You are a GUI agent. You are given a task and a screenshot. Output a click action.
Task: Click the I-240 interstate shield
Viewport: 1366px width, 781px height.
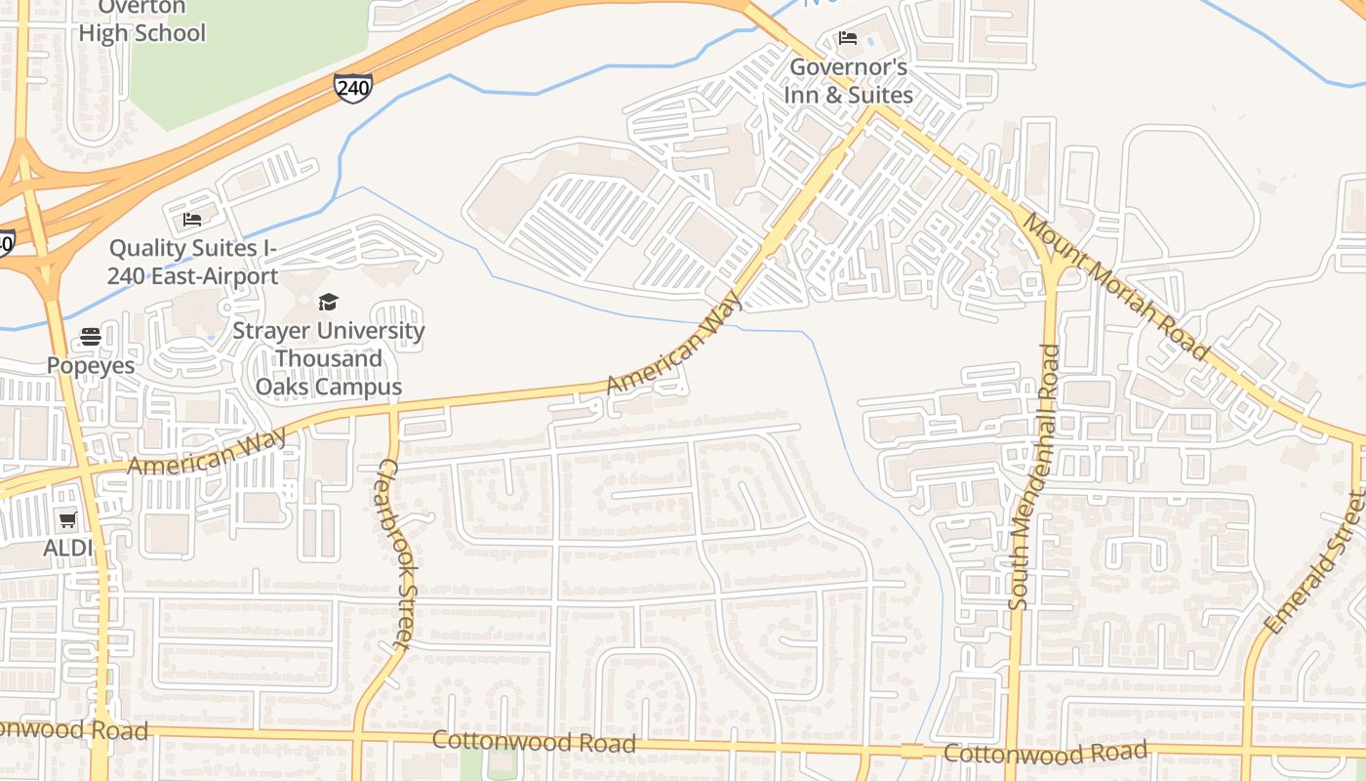(352, 87)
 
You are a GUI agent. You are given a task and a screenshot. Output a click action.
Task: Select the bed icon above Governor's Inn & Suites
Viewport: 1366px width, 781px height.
(848, 39)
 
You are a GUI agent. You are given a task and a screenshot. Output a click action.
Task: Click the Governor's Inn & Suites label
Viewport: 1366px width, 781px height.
(849, 82)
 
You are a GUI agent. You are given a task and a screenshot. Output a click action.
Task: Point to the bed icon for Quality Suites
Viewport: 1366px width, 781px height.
(192, 219)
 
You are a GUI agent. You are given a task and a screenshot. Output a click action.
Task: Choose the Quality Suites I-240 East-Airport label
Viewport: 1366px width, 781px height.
(192, 263)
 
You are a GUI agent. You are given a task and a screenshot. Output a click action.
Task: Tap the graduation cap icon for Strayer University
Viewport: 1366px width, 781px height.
(328, 302)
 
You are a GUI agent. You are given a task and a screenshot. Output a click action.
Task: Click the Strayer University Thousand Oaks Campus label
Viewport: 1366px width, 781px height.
(328, 358)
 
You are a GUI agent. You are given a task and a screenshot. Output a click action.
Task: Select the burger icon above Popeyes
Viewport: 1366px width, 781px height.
(91, 337)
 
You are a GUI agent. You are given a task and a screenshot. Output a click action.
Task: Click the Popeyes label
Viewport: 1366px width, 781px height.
(91, 365)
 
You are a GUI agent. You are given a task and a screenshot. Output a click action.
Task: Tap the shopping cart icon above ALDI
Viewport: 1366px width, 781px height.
(67, 520)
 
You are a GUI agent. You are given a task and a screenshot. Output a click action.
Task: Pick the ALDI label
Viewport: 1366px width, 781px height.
(67, 548)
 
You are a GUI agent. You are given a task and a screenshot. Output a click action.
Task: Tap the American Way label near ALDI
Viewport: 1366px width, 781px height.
(208, 452)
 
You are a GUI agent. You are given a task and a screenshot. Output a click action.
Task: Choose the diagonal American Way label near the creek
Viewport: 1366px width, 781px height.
(674, 344)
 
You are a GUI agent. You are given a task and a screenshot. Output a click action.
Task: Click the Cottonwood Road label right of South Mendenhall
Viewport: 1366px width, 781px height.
(1045, 754)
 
